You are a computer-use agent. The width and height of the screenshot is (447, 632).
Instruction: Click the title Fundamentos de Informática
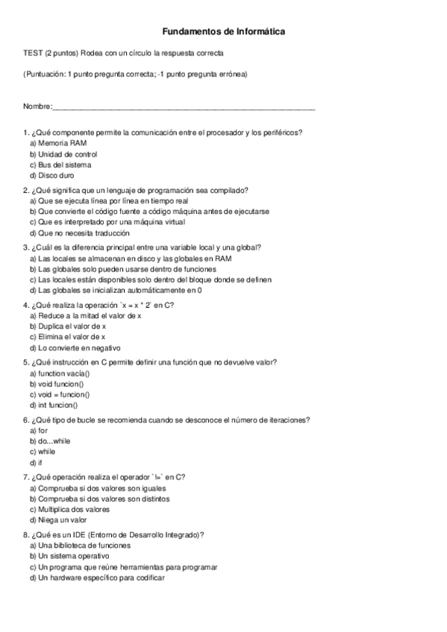pos(223,32)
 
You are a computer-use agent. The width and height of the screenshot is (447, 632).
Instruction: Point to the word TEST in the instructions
pos(33,54)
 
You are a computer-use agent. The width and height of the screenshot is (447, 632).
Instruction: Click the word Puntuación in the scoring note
pos(46,75)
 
